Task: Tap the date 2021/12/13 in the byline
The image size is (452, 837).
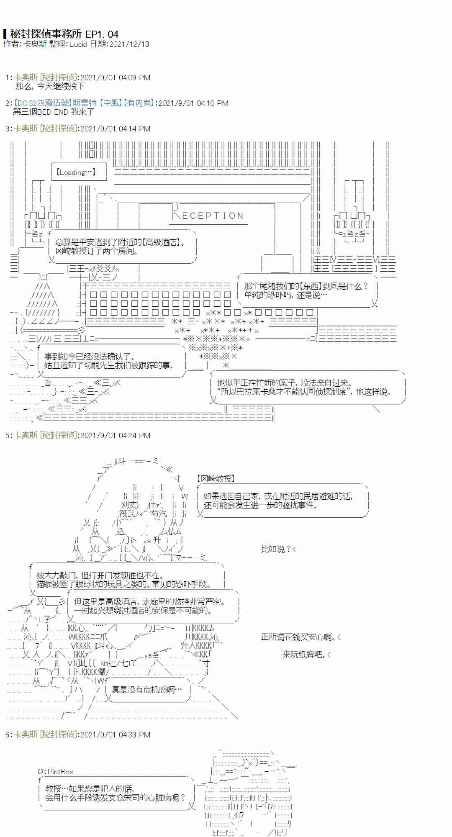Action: pos(129,44)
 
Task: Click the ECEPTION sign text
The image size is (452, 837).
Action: pos(213,216)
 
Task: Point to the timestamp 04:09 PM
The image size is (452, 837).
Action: pos(134,78)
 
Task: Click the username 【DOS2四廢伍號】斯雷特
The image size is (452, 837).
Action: pos(54,103)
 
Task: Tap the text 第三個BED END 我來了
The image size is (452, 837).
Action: pos(54,112)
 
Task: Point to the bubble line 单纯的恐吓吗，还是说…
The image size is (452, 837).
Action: pos(285,295)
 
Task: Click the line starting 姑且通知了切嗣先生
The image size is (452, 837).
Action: pos(108,365)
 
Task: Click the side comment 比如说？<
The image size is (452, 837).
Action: pos(278,549)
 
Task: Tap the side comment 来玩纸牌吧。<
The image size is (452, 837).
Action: pos(307,654)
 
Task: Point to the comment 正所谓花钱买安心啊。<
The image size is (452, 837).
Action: pos(301,637)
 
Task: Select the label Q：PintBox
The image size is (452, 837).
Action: pos(55,772)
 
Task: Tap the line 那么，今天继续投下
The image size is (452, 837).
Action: pos(50,86)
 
